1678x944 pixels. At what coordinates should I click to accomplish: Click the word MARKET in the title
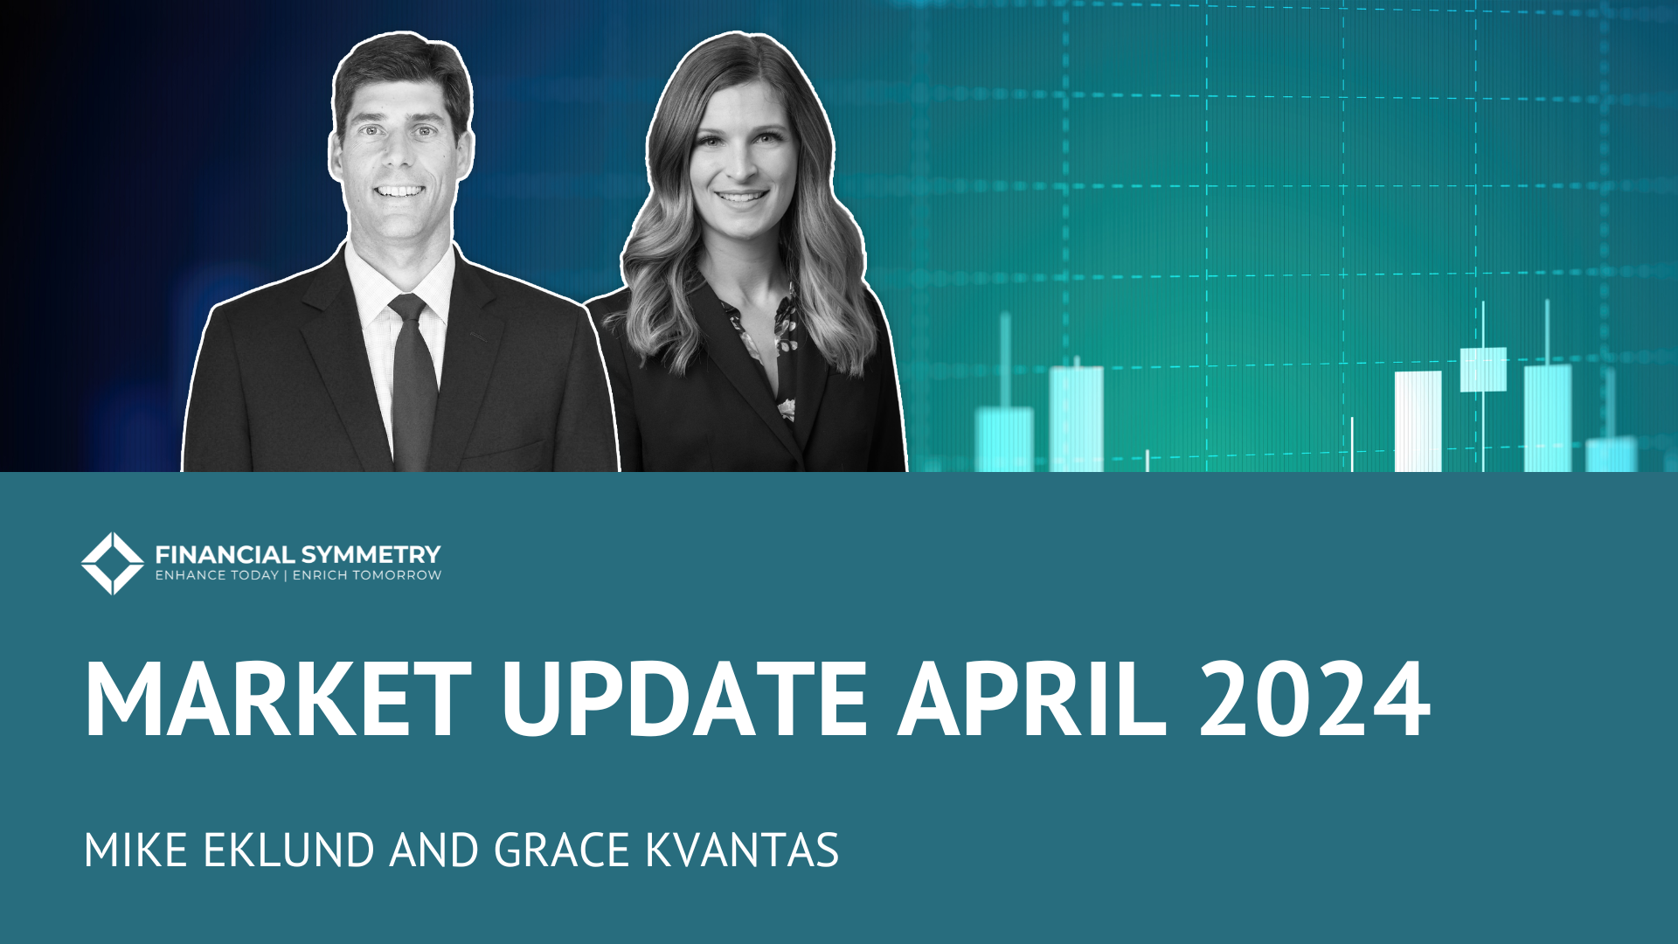[278, 700]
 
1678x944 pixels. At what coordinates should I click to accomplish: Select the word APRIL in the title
[1032, 700]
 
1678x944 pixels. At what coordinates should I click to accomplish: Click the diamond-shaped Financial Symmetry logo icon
[112, 563]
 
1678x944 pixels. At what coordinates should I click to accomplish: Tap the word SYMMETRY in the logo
[371, 554]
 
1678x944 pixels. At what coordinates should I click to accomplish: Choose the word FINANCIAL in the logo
[225, 554]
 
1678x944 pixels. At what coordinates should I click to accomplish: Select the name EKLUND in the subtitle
[288, 850]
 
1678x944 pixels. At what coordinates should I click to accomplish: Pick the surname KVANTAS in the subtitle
[742, 850]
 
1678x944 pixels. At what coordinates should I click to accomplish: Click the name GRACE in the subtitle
[562, 850]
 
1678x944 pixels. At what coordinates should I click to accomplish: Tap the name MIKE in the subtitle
[135, 850]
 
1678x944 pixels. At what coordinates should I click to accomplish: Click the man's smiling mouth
[399, 191]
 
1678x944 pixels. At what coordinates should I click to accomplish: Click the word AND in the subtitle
[433, 850]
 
